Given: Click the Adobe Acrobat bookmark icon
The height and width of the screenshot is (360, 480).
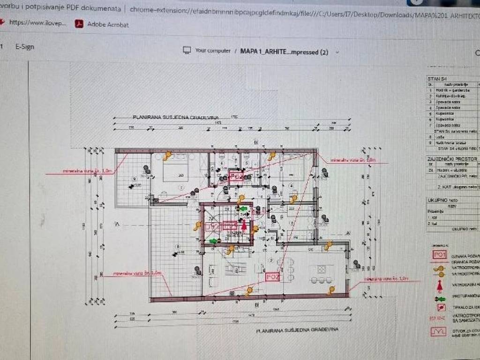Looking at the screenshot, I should (x=79, y=24).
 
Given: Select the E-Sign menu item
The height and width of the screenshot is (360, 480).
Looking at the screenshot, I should (x=24, y=47).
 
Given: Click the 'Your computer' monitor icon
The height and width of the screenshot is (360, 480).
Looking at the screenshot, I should (x=187, y=51).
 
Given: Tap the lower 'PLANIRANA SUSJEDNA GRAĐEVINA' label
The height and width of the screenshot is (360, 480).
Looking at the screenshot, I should (x=297, y=330).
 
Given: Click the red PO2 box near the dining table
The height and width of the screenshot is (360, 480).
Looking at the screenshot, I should (x=272, y=277).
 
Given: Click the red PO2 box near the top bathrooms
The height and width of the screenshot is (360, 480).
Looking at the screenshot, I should (x=236, y=177).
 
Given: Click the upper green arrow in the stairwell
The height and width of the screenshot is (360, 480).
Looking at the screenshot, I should (x=242, y=208).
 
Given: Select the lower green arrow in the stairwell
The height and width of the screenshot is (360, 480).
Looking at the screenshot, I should (x=214, y=241).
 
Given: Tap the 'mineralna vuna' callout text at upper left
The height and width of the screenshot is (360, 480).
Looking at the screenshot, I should (x=79, y=172).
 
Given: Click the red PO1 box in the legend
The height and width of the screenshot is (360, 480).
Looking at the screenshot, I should (x=439, y=254).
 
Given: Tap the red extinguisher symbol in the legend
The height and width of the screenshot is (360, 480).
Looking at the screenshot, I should (x=440, y=285).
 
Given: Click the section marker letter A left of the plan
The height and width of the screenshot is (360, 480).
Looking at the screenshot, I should (x=117, y=225).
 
